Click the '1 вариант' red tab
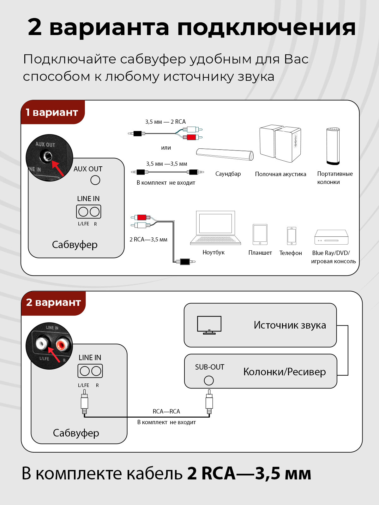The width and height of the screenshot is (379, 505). pos(52,112)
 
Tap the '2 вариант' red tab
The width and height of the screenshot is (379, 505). pos(53,302)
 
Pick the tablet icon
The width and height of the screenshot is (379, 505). pos(260,235)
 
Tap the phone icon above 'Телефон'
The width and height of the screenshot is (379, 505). pos(292,235)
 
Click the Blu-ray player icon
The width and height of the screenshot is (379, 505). pos(331,237)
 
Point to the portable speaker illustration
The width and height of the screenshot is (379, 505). pos(333,146)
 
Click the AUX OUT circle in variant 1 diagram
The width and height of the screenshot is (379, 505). pos(95,180)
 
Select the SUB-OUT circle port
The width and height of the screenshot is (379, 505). pos(209,380)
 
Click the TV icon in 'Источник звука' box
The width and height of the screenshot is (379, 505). pos(209,325)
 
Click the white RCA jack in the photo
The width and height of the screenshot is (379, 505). pos(42,343)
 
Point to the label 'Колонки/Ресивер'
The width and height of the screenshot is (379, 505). pos(284,372)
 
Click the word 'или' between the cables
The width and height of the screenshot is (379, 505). pos(166,148)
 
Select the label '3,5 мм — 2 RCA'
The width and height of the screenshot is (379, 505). pos(165,122)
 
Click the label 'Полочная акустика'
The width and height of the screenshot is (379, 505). pos(280,174)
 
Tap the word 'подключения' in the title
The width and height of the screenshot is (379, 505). pos(266,27)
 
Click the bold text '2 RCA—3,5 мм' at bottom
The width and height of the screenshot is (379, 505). pos(249,474)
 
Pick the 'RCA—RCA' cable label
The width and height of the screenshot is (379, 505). pos(166,412)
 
